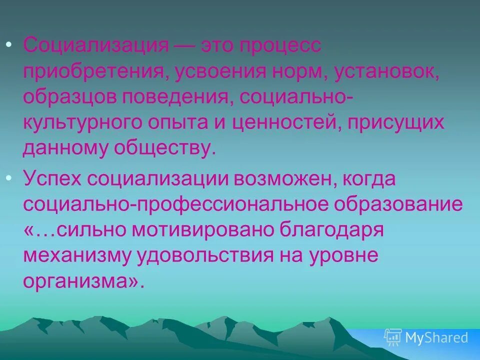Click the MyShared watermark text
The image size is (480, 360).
[436, 337]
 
